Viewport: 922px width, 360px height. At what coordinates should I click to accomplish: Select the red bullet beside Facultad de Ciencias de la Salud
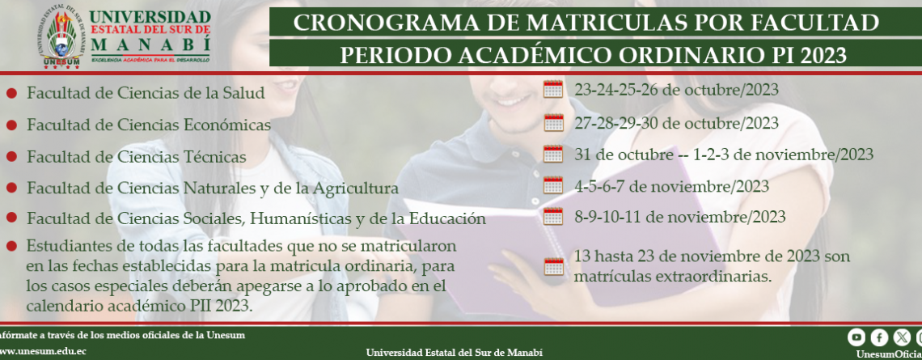pos(11,93)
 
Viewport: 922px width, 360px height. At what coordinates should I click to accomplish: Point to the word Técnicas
pos(214,157)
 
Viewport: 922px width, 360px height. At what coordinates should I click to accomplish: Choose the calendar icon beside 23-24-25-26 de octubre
pos(553,90)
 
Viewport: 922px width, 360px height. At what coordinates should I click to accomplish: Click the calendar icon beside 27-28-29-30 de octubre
pos(553,122)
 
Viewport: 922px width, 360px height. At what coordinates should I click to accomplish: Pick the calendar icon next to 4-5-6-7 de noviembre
pos(553,185)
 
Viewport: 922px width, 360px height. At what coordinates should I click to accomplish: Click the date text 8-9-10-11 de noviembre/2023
pos(679,217)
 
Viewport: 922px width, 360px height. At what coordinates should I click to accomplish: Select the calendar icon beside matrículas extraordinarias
pos(553,266)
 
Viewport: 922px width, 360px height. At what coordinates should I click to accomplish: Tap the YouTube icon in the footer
pos(856,337)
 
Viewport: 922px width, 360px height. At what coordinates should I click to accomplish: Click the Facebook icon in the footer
pos(879,337)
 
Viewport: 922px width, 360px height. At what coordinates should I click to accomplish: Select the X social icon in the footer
pos(902,337)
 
